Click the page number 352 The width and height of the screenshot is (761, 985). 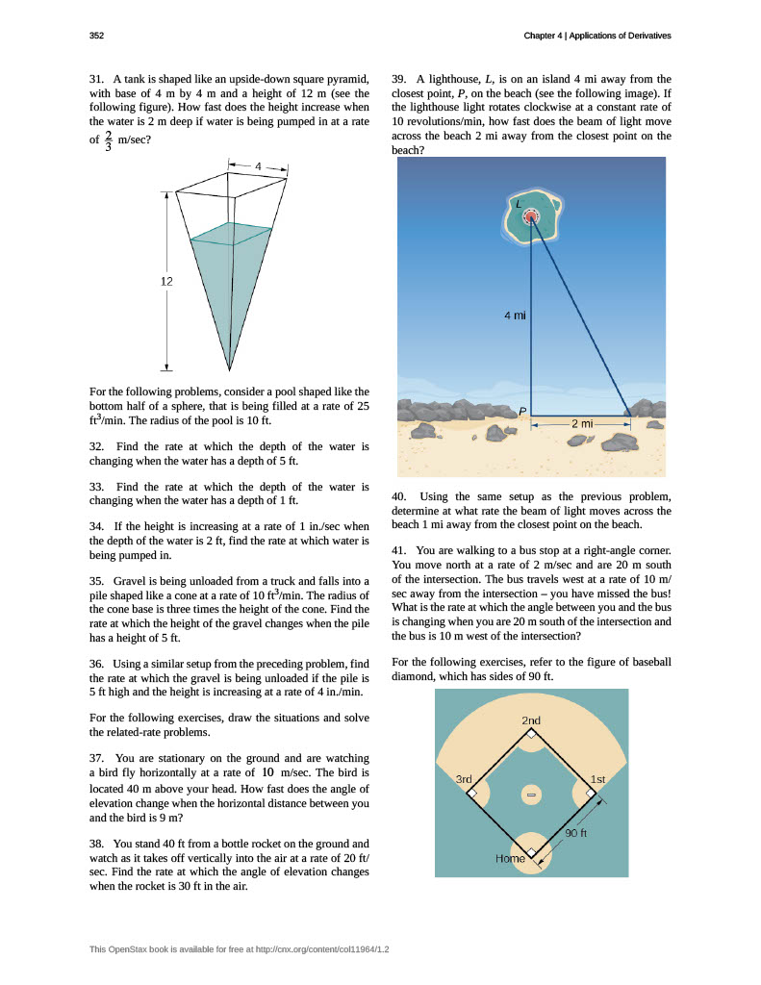click(96, 36)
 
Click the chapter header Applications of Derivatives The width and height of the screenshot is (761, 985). click(620, 36)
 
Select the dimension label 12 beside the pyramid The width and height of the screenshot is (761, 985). click(166, 281)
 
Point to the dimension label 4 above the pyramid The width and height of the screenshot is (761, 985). click(258, 166)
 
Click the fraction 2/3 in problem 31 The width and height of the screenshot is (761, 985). click(108, 140)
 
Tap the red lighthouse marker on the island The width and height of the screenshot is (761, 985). click(530, 217)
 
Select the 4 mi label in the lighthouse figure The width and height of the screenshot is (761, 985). click(515, 315)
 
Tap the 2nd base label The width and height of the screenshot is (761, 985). click(531, 720)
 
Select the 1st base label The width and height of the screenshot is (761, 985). click(597, 778)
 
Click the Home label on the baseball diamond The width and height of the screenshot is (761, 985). click(510, 858)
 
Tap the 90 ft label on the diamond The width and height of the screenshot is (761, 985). click(576, 833)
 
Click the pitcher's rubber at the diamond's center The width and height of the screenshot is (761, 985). click(530, 795)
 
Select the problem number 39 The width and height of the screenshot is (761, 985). click(399, 78)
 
